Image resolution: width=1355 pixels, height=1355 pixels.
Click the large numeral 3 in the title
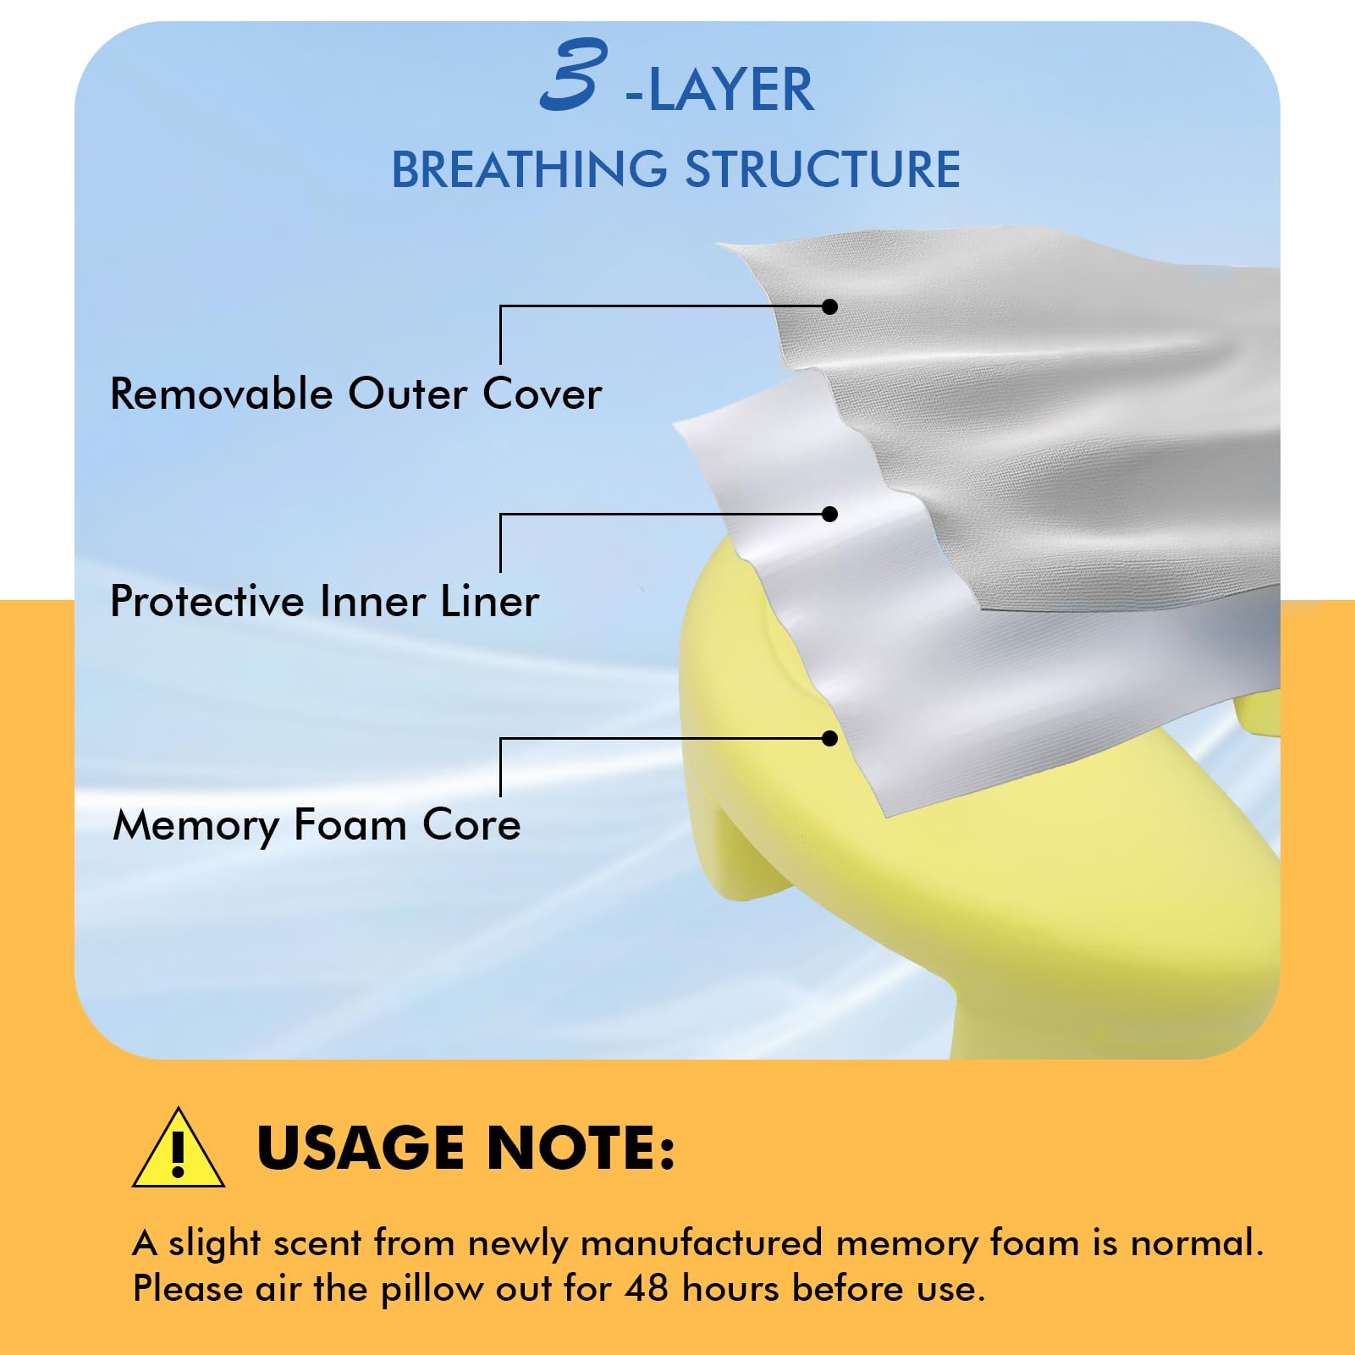pyautogui.click(x=575, y=74)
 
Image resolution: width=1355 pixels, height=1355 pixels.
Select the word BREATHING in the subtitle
pyautogui.click(x=529, y=169)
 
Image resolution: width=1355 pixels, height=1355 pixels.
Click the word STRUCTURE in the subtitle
pyautogui.click(x=823, y=169)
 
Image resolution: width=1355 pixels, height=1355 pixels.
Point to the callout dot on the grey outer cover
pyautogui.click(x=830, y=306)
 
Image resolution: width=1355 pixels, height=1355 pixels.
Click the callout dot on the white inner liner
pyautogui.click(x=830, y=514)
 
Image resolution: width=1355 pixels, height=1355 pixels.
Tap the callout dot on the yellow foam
pyautogui.click(x=830, y=739)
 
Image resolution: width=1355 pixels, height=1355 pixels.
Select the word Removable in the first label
pyautogui.click(x=222, y=394)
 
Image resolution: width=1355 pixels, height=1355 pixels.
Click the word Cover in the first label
pyautogui.click(x=543, y=394)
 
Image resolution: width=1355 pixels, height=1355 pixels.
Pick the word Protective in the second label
pyautogui.click(x=207, y=601)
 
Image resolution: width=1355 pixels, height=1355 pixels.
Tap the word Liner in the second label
pyautogui.click(x=489, y=601)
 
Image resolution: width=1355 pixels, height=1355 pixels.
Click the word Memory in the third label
pyautogui.click(x=196, y=827)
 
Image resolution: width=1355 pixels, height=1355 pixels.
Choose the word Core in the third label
pyautogui.click(x=471, y=825)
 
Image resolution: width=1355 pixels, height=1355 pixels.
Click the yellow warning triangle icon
pyautogui.click(x=179, y=1148)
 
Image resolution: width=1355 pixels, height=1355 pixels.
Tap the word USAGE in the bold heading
pyautogui.click(x=361, y=1148)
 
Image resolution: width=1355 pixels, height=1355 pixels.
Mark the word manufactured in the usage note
pyautogui.click(x=702, y=1243)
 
